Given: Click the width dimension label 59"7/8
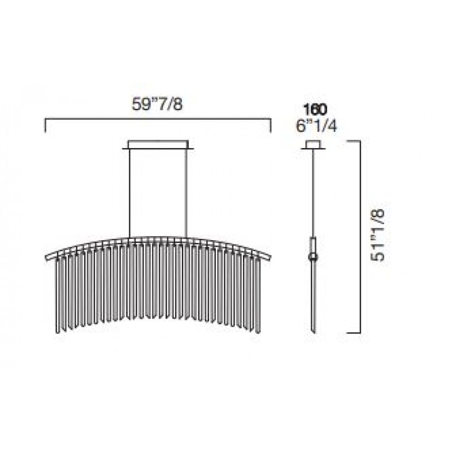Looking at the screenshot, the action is [158, 104].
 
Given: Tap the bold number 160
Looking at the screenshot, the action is [315, 109].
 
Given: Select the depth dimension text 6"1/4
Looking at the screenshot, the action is [316, 125].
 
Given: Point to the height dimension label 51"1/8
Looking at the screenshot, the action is [378, 235].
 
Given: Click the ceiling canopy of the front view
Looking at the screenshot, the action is [158, 145].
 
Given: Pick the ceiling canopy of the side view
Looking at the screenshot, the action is [314, 145].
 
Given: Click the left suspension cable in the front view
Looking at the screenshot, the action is [130, 193].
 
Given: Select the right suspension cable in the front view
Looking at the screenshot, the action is [187, 193].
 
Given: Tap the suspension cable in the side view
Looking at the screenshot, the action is [314, 193].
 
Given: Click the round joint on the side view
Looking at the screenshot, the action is [313, 257].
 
